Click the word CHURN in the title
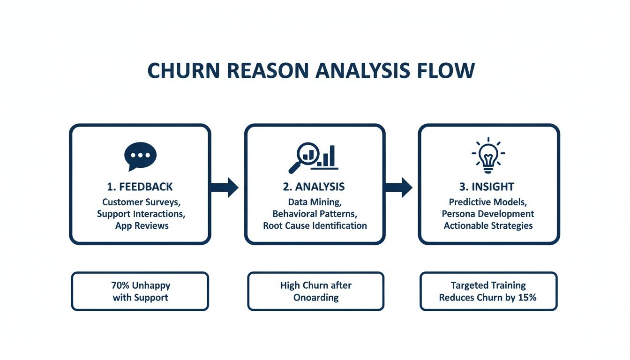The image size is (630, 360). pyautogui.click(x=180, y=70)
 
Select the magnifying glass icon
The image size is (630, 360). pyautogui.click(x=302, y=157)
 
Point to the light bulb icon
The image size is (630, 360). pyautogui.click(x=488, y=155)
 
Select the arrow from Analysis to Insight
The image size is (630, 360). pyautogui.click(x=398, y=187)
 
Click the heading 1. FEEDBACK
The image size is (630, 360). pyautogui.click(x=140, y=187)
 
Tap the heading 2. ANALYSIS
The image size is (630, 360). pyautogui.click(x=314, y=187)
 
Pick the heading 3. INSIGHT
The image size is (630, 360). pyautogui.click(x=487, y=187)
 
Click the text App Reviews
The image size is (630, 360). pyautogui.click(x=142, y=225)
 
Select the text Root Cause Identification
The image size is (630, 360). pyautogui.click(x=315, y=225)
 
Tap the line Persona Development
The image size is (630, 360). pyautogui.click(x=488, y=214)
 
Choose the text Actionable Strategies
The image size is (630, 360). pyautogui.click(x=488, y=225)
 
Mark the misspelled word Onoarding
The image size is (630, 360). pyautogui.click(x=316, y=297)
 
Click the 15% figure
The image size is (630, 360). pyautogui.click(x=527, y=297)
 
